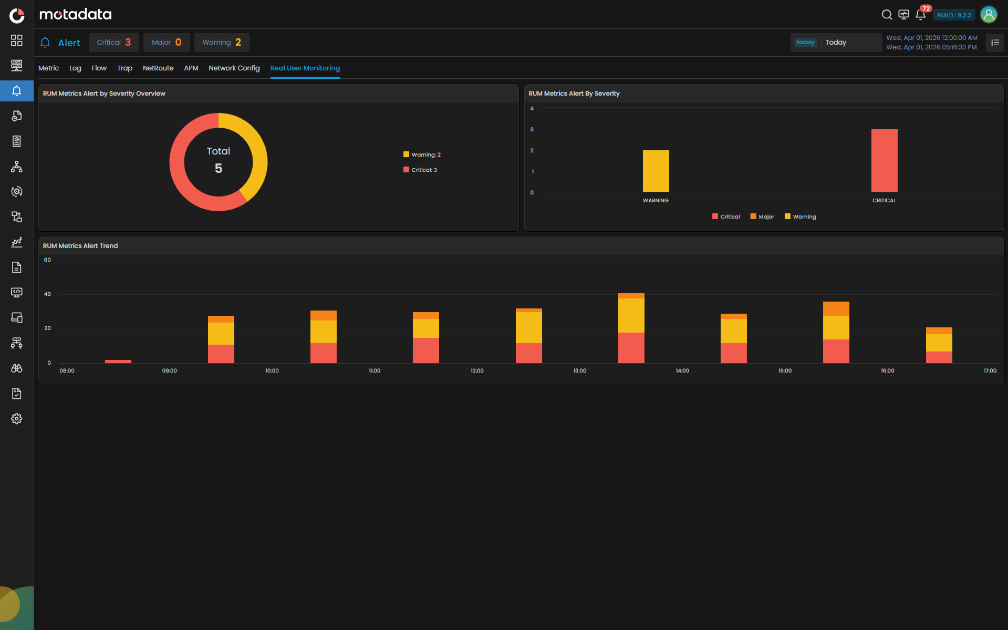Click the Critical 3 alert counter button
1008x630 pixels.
click(113, 43)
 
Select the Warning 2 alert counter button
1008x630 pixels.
click(221, 43)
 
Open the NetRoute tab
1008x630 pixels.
click(158, 68)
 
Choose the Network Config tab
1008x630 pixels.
click(234, 68)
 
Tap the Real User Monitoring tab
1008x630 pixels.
click(305, 68)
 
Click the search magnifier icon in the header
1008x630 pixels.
click(887, 15)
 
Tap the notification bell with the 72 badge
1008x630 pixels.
click(920, 15)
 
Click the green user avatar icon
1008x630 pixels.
click(989, 15)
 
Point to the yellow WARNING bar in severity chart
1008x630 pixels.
click(656, 171)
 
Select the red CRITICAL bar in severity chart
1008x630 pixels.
click(884, 160)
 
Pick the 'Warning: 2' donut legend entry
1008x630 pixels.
click(422, 154)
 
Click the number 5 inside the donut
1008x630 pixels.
click(219, 168)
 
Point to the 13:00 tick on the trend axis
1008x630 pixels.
click(579, 370)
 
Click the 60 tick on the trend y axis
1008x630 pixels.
click(47, 260)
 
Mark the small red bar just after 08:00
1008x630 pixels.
click(118, 362)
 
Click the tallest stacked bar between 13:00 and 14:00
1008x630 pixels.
click(631, 328)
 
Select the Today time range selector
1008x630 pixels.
click(836, 43)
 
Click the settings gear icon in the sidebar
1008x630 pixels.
click(17, 419)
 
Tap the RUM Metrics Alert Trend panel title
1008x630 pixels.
click(80, 246)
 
